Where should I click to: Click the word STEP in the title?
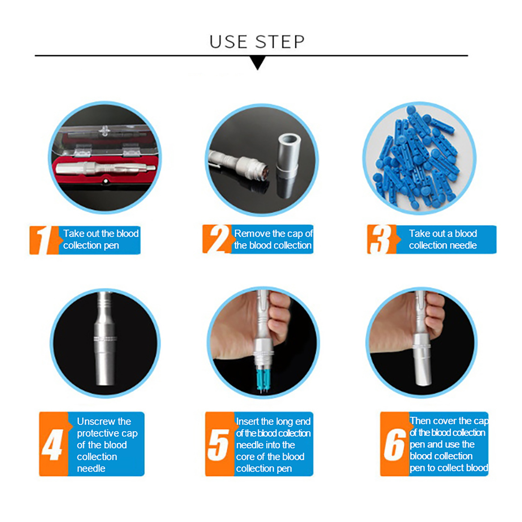coord(280,42)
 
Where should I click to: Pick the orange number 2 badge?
coord(217,239)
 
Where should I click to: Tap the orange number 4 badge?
coord(53,444)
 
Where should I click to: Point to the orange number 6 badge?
coord(394,444)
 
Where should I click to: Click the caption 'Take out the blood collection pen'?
coord(101,239)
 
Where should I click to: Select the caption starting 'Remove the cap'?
coord(273,239)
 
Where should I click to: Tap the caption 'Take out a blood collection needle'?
coord(443,239)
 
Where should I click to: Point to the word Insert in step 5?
coord(247,421)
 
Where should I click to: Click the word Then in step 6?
coord(421,421)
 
